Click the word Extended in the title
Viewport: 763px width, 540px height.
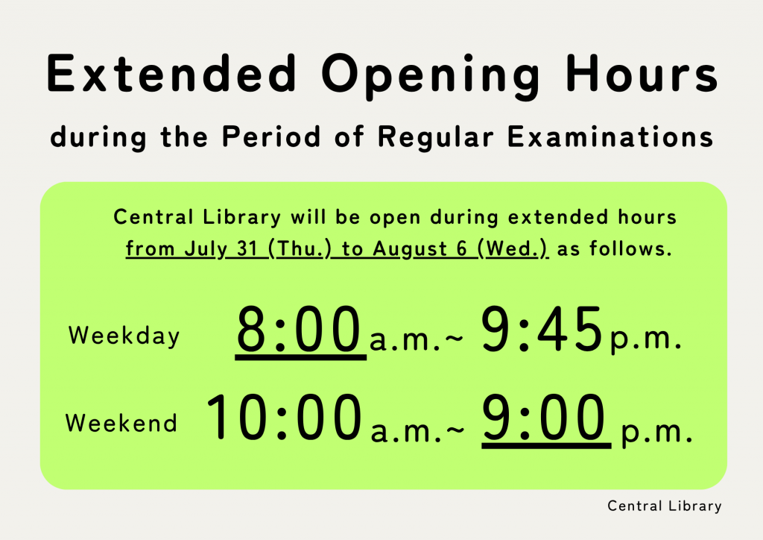click(171, 73)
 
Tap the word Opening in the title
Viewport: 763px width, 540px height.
click(430, 76)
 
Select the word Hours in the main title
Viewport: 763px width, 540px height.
click(642, 73)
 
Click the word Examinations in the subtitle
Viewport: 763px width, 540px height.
click(610, 136)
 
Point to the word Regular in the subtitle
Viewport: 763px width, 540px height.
click(435, 138)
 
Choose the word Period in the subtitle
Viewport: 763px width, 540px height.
click(271, 136)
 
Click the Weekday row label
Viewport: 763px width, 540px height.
click(124, 336)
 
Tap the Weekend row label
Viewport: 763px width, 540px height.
click(121, 423)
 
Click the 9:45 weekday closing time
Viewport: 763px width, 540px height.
click(542, 329)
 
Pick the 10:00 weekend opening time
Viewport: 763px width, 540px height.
click(284, 417)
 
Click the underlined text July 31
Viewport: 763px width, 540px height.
click(221, 249)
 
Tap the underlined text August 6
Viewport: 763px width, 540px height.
click(420, 249)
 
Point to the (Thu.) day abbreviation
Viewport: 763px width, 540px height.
click(300, 249)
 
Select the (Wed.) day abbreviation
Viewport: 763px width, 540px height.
click(513, 249)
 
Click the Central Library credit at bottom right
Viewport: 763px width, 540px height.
click(664, 506)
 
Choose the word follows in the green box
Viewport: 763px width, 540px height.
click(630, 248)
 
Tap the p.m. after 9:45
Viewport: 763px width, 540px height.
click(646, 339)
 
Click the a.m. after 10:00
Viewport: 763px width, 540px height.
click(407, 431)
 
